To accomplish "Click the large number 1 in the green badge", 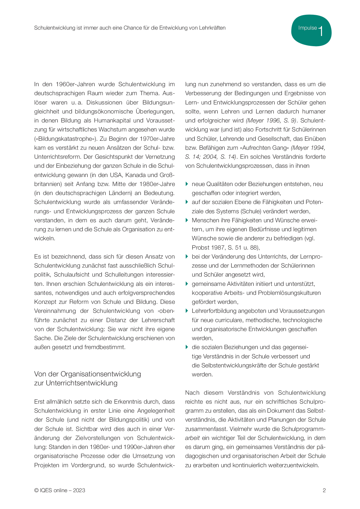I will [321, 31].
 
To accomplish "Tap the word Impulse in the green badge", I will [307, 28].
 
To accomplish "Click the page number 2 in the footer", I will [324, 490].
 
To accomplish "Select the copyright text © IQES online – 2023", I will [60, 490].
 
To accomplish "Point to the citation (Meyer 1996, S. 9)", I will [271, 120].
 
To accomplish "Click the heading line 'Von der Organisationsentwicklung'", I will [87, 374].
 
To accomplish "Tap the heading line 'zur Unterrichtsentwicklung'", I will [76, 383].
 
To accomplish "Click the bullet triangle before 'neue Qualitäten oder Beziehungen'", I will [187, 184].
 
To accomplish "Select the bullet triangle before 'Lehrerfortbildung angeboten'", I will [187, 311].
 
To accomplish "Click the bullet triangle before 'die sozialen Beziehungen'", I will [187, 347].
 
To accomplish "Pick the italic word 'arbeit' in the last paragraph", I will [192, 438].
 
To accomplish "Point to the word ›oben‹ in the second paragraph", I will [166, 311].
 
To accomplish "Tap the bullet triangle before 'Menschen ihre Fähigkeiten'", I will [187, 220].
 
